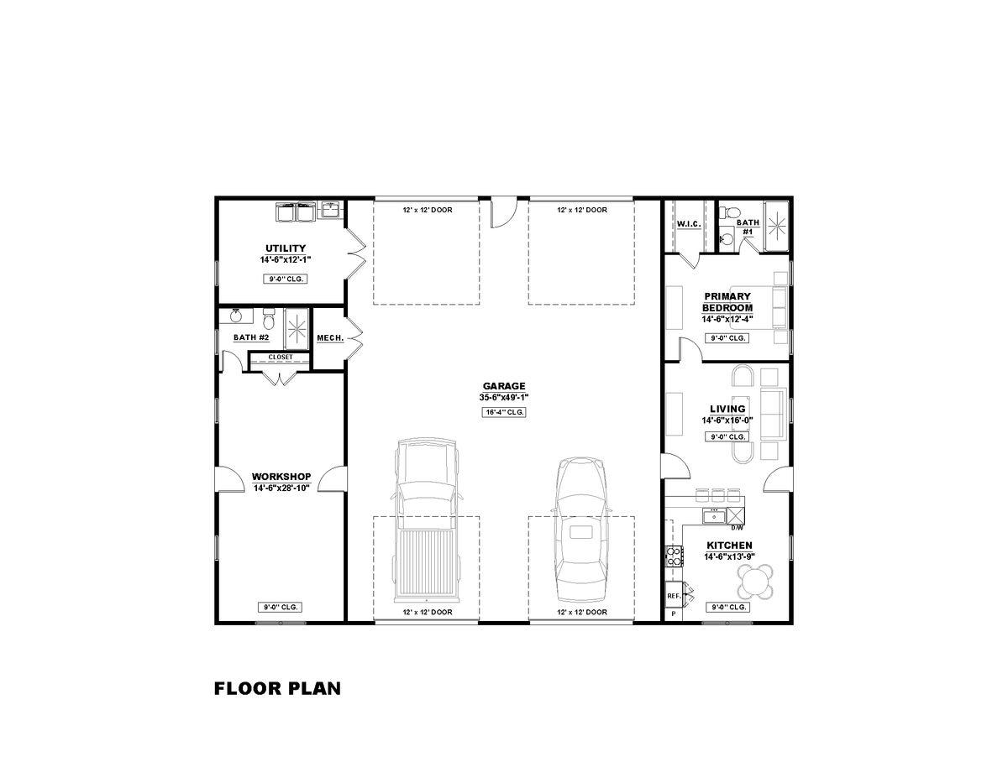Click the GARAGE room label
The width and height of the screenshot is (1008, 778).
pos(504,386)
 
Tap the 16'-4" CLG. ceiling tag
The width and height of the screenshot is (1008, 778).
pos(504,412)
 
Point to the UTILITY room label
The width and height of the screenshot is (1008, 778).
pos(286,248)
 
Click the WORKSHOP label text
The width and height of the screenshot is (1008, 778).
pos(281,477)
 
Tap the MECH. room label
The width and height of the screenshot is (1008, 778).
pos(329,338)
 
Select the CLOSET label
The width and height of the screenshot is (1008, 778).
pos(281,357)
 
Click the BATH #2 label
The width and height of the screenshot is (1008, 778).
pos(251,337)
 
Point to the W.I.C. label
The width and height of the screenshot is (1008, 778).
pos(689,225)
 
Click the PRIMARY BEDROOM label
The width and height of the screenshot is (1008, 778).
pos(727,302)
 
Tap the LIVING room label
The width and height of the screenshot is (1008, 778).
pos(727,410)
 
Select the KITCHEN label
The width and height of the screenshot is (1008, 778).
pos(728,546)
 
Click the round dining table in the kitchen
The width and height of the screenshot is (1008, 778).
pos(756,580)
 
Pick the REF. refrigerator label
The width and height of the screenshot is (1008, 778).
pos(673,595)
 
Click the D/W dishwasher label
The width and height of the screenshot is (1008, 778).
pos(737,528)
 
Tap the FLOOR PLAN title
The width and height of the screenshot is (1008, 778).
pos(277,689)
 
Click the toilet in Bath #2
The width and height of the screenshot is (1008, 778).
pos(269,320)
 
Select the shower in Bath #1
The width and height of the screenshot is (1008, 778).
pos(775,224)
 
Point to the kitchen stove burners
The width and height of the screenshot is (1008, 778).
pos(673,554)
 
